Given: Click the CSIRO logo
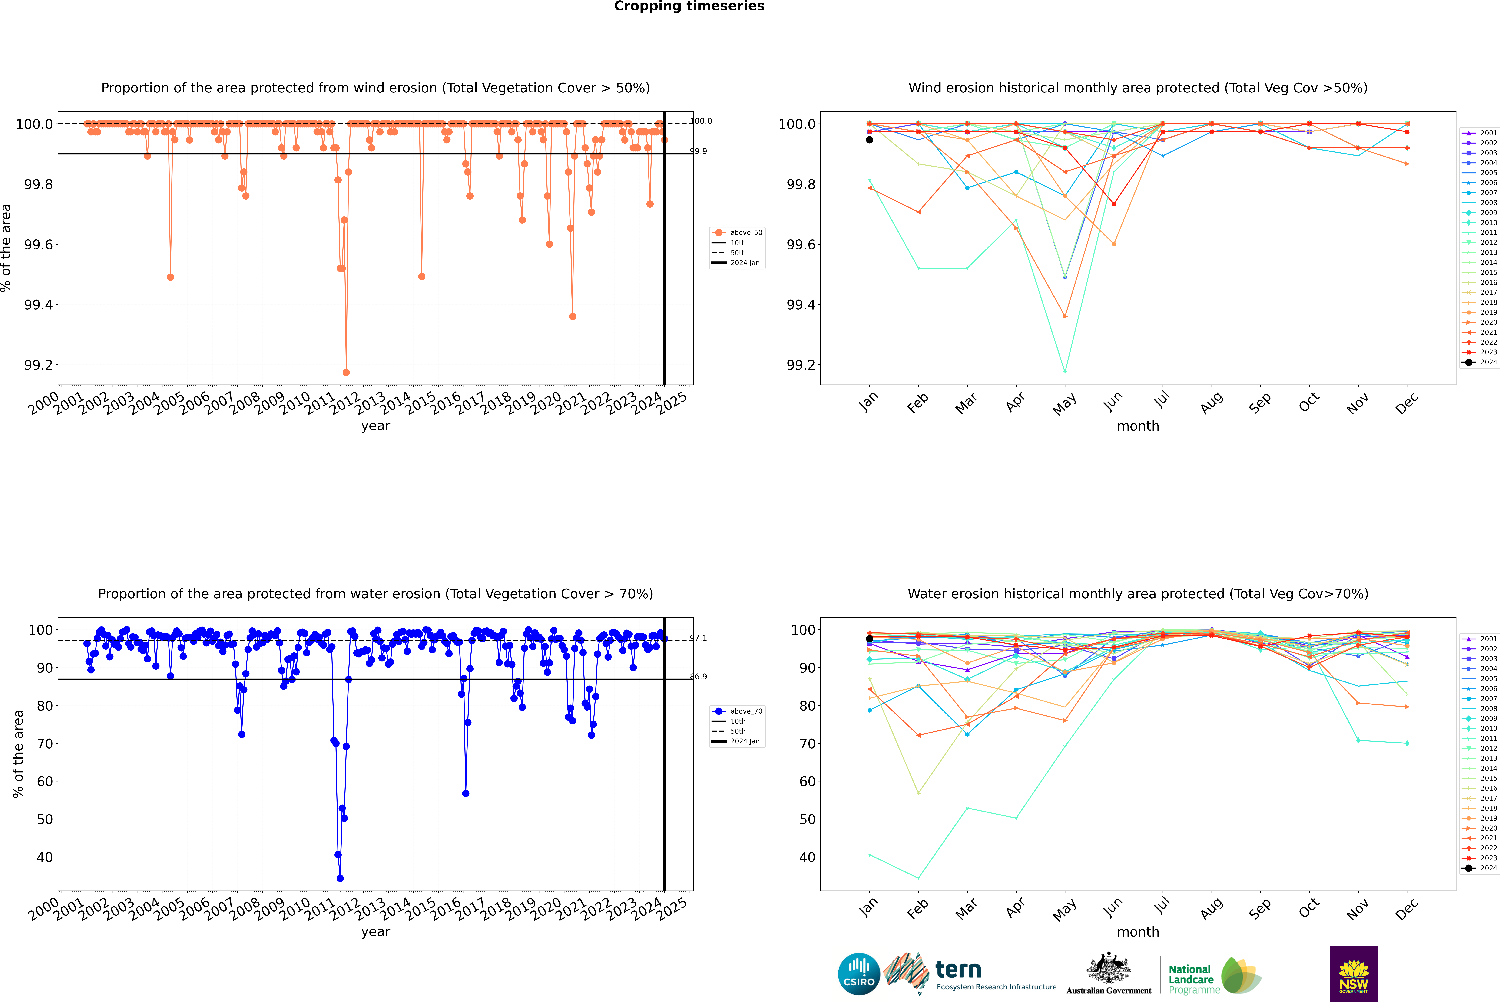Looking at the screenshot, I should pyautogui.click(x=859, y=974).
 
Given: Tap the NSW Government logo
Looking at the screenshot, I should pyautogui.click(x=1354, y=974).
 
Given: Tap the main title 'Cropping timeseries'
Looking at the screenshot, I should pyautogui.click(x=689, y=6).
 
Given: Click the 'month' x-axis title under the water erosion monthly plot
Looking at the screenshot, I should pyautogui.click(x=1137, y=932).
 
